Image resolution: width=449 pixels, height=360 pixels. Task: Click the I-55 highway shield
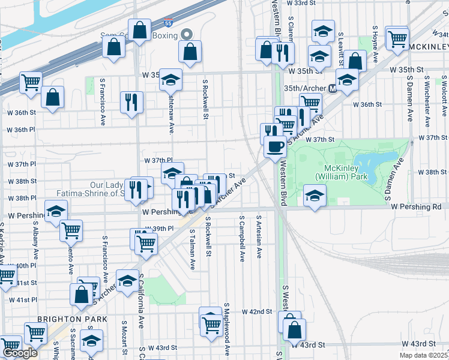pyautogui.click(x=169, y=23)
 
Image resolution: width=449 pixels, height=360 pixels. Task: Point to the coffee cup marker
pyautogui.click(x=275, y=146)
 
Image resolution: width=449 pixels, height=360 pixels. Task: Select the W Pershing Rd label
pyautogui.click(x=415, y=206)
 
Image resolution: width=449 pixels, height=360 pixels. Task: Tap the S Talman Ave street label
pyautogui.click(x=193, y=248)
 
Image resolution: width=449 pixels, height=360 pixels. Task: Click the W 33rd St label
pyautogui.click(x=301, y=3)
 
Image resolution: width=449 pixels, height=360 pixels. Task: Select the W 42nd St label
pyautogui.click(x=257, y=312)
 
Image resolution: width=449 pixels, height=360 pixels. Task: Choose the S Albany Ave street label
pyautogui.click(x=36, y=241)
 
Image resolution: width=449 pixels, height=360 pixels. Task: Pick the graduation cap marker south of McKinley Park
pyautogui.click(x=314, y=196)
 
